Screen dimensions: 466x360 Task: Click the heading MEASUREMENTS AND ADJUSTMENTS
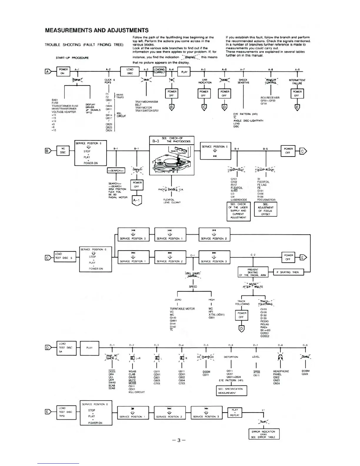[x=97, y=30]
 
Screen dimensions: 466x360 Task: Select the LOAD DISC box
[x=130, y=71]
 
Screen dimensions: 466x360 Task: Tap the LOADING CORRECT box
[x=160, y=71]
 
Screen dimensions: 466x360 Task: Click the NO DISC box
[x=63, y=151]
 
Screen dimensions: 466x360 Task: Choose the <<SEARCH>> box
[x=116, y=171]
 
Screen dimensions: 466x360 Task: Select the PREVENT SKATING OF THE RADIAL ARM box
[x=253, y=272]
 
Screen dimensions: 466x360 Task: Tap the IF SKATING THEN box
[x=288, y=272]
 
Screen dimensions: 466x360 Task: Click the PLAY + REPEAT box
[x=235, y=412]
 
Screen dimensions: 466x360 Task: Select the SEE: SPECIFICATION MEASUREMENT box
[x=231, y=391]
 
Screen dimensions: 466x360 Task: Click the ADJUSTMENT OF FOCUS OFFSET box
[x=266, y=209]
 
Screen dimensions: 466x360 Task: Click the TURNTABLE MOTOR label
[x=182, y=309]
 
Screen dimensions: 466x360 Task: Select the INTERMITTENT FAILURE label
[x=297, y=81]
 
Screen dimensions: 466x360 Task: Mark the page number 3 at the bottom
[x=179, y=440]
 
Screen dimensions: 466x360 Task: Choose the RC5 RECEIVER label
[x=270, y=98]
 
